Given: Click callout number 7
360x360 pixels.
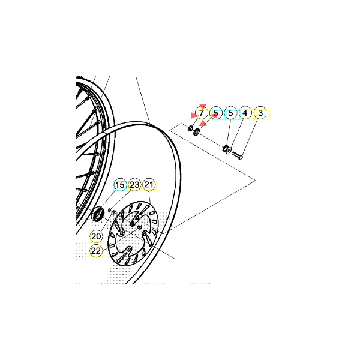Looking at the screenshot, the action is (202, 113).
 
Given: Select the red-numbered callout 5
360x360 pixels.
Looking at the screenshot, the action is (216, 113).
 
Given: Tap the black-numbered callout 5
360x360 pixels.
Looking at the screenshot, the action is (230, 113).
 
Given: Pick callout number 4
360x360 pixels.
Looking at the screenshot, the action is (245, 113).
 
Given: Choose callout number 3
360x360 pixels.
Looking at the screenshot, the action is (260, 113).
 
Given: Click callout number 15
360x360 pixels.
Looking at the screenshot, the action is (120, 185).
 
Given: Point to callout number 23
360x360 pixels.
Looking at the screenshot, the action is (135, 185).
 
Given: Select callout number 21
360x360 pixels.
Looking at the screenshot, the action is (149, 185).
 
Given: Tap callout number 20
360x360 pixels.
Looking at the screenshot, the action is (96, 236).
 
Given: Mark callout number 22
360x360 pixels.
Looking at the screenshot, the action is (96, 251).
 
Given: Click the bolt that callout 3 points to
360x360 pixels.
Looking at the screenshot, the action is (237, 155).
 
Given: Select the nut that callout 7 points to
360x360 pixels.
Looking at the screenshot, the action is (190, 128).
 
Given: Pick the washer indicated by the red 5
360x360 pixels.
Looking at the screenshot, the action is (197, 132).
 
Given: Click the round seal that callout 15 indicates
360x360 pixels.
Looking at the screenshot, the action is (97, 214).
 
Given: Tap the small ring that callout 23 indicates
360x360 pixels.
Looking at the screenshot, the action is (110, 210).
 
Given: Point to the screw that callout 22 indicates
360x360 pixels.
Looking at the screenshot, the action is (139, 227).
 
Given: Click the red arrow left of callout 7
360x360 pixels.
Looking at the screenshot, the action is (194, 115).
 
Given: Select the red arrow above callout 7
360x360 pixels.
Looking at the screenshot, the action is (203, 106).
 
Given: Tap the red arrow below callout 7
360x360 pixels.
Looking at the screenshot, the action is (203, 124).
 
